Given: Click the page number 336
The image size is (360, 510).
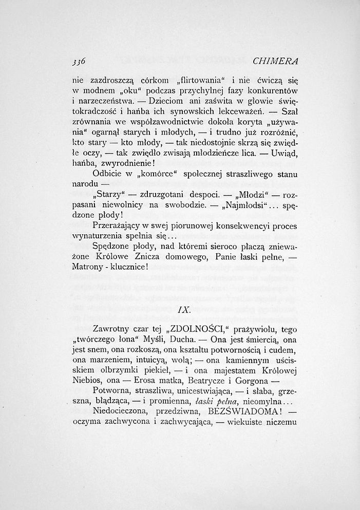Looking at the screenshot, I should point(79,61).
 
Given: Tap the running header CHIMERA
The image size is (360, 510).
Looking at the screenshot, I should point(276,61).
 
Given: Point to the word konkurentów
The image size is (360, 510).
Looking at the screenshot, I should point(276,90).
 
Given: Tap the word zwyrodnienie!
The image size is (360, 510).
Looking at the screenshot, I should point(125,162).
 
